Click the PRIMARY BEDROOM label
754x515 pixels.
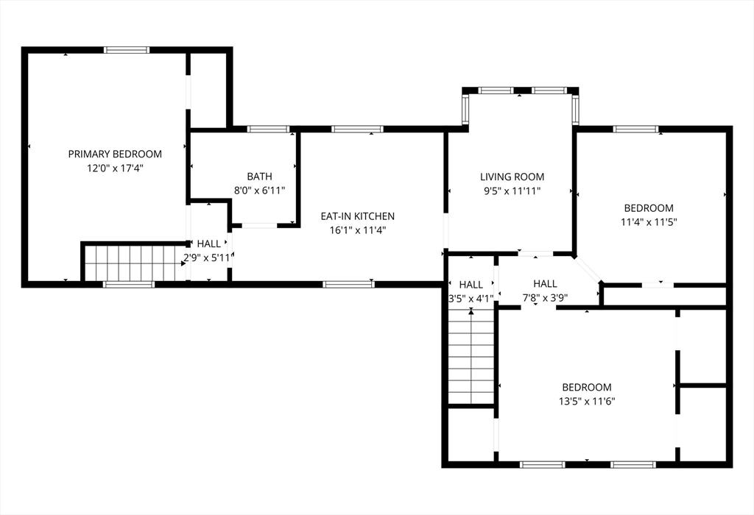coord(115,154)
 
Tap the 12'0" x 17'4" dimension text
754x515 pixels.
coord(115,168)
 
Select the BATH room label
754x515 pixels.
coord(260,177)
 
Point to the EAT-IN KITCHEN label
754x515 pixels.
coord(358,216)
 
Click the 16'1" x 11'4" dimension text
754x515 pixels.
coord(358,230)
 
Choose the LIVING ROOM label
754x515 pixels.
coord(512,177)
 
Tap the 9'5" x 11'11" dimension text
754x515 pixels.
coord(512,191)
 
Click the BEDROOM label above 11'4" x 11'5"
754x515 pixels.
coord(649,208)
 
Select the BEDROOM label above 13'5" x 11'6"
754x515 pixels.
coord(587,387)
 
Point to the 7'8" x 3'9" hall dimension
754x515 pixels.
coord(546,298)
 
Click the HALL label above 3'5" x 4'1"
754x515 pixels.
coord(471,285)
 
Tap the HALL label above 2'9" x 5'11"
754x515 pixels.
coord(208,244)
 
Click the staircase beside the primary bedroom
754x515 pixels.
coord(135,263)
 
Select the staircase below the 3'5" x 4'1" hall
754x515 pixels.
coord(471,357)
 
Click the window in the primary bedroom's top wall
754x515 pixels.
coord(127,49)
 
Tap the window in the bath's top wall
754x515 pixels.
coord(269,129)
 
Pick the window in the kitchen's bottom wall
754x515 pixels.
coord(348,285)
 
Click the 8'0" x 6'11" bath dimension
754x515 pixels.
coord(260,191)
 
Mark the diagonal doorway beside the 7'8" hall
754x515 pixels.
coord(587,269)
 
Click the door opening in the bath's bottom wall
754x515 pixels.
coord(259,225)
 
